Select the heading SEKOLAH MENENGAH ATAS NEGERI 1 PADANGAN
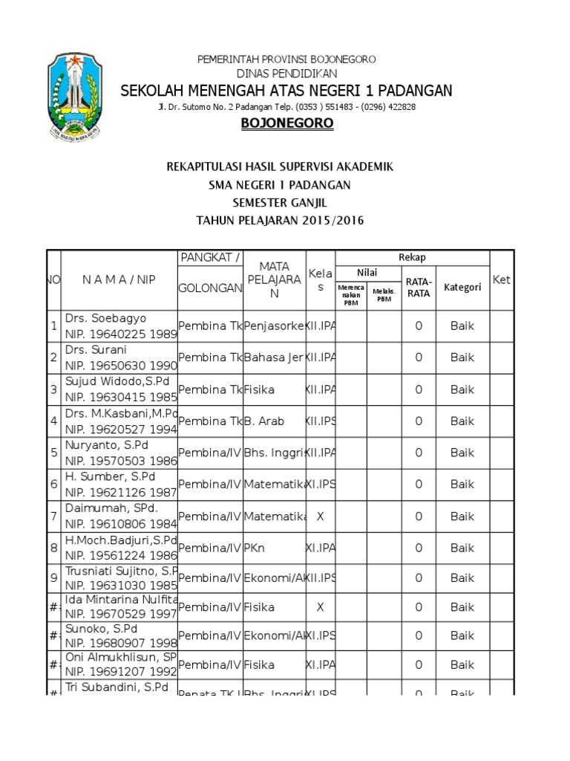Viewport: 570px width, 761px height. click(286, 91)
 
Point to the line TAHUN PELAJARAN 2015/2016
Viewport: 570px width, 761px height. click(280, 221)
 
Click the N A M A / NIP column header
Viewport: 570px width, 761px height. click(118, 279)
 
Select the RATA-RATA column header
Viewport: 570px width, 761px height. click(419, 287)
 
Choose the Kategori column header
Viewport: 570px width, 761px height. click(462, 287)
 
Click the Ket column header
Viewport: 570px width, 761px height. click(502, 279)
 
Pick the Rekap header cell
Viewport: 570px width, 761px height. click(412, 257)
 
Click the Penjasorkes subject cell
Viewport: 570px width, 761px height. click(274, 326)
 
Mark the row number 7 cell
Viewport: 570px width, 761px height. click(53, 516)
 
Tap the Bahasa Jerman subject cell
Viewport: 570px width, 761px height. click(274, 357)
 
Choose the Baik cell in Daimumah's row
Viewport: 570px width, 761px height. click(462, 516)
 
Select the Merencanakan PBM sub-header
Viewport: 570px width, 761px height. click(350, 294)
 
